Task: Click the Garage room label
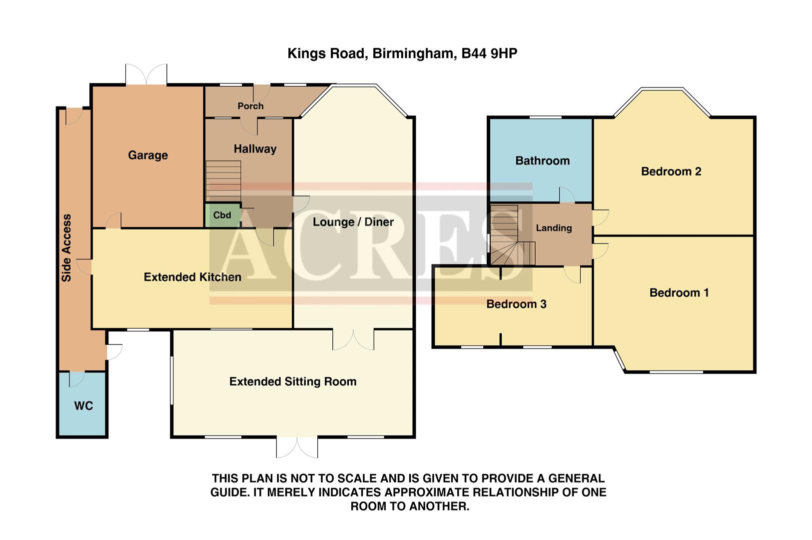[148, 155]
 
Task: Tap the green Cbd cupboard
[222, 215]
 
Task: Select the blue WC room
[83, 405]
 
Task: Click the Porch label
[250, 106]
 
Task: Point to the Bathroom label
[542, 161]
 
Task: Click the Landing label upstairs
[554, 228]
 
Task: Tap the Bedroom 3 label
[516, 304]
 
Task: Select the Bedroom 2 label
[671, 171]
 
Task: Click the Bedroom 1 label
[679, 293]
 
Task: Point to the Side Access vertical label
[66, 248]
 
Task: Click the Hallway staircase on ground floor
[223, 180]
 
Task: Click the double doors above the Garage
[146, 74]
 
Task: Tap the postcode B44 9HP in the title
[489, 53]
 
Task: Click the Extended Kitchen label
[192, 277]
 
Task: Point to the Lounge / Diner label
[353, 222]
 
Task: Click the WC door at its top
[76, 378]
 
